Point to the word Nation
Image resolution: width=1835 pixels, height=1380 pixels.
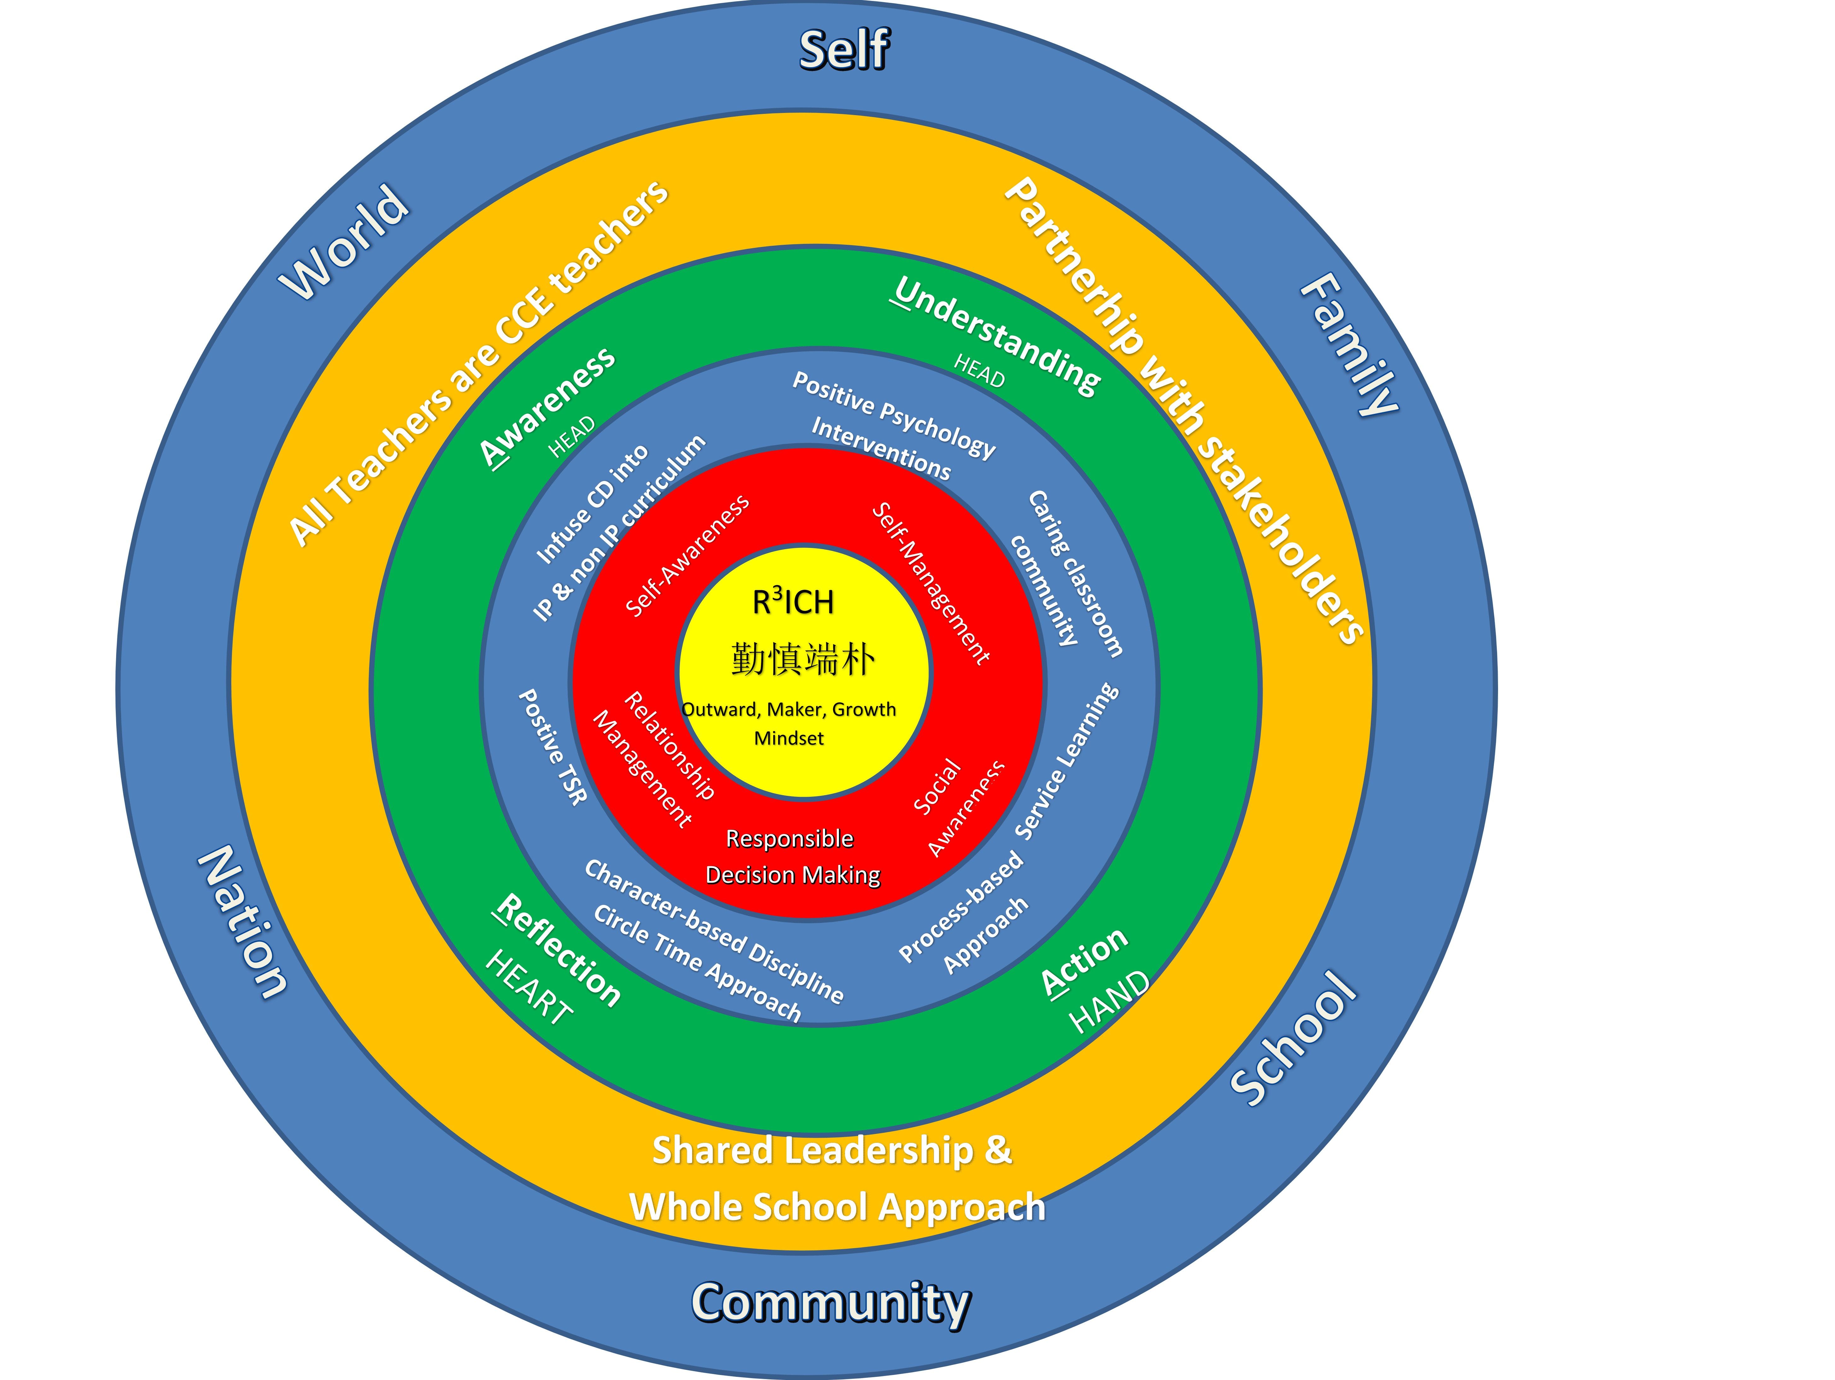(242, 920)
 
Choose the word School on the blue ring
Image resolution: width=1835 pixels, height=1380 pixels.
(1292, 1038)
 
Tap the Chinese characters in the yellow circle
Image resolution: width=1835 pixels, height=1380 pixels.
(802, 659)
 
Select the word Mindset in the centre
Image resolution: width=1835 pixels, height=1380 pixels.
(789, 738)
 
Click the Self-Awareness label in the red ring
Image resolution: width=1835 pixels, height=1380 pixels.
(687, 556)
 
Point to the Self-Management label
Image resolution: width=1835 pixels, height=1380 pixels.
(931, 583)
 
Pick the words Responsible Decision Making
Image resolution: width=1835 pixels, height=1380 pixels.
(792, 857)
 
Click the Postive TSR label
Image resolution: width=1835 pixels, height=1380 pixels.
(552, 746)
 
